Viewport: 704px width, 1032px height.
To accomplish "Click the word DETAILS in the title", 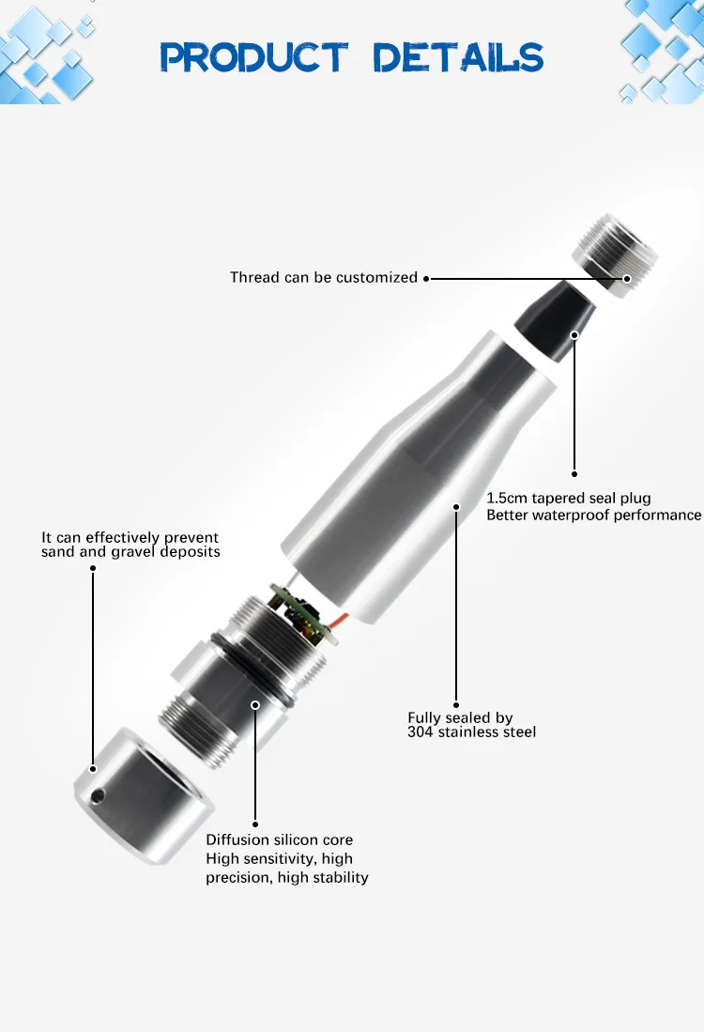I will coord(459,58).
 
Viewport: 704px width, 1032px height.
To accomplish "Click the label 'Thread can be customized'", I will coord(324,278).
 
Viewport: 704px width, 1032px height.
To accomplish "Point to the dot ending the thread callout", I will coord(426,278).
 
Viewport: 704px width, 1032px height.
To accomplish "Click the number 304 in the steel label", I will coord(420,732).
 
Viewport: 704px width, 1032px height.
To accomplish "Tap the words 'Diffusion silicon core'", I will coord(280,839).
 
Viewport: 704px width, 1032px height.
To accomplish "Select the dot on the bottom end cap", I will coord(93,769).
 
